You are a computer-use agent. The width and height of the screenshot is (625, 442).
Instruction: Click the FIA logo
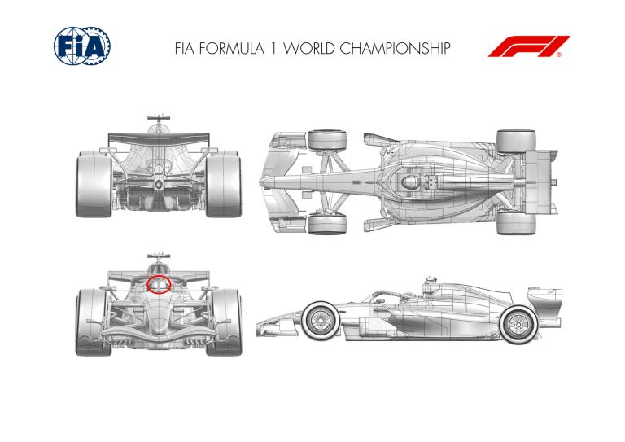click(x=82, y=46)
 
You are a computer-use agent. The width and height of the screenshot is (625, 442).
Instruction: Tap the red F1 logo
click(x=529, y=46)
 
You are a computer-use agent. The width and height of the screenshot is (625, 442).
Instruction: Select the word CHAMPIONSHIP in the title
click(x=395, y=49)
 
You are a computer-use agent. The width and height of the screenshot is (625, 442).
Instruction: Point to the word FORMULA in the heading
click(x=231, y=49)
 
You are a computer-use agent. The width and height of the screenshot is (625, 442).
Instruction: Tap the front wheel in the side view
click(x=321, y=321)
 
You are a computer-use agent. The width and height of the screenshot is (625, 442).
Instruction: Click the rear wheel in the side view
click(x=518, y=325)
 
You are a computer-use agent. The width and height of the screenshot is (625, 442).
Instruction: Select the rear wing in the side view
click(x=545, y=302)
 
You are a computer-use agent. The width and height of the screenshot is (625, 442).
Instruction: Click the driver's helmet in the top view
click(x=410, y=182)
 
